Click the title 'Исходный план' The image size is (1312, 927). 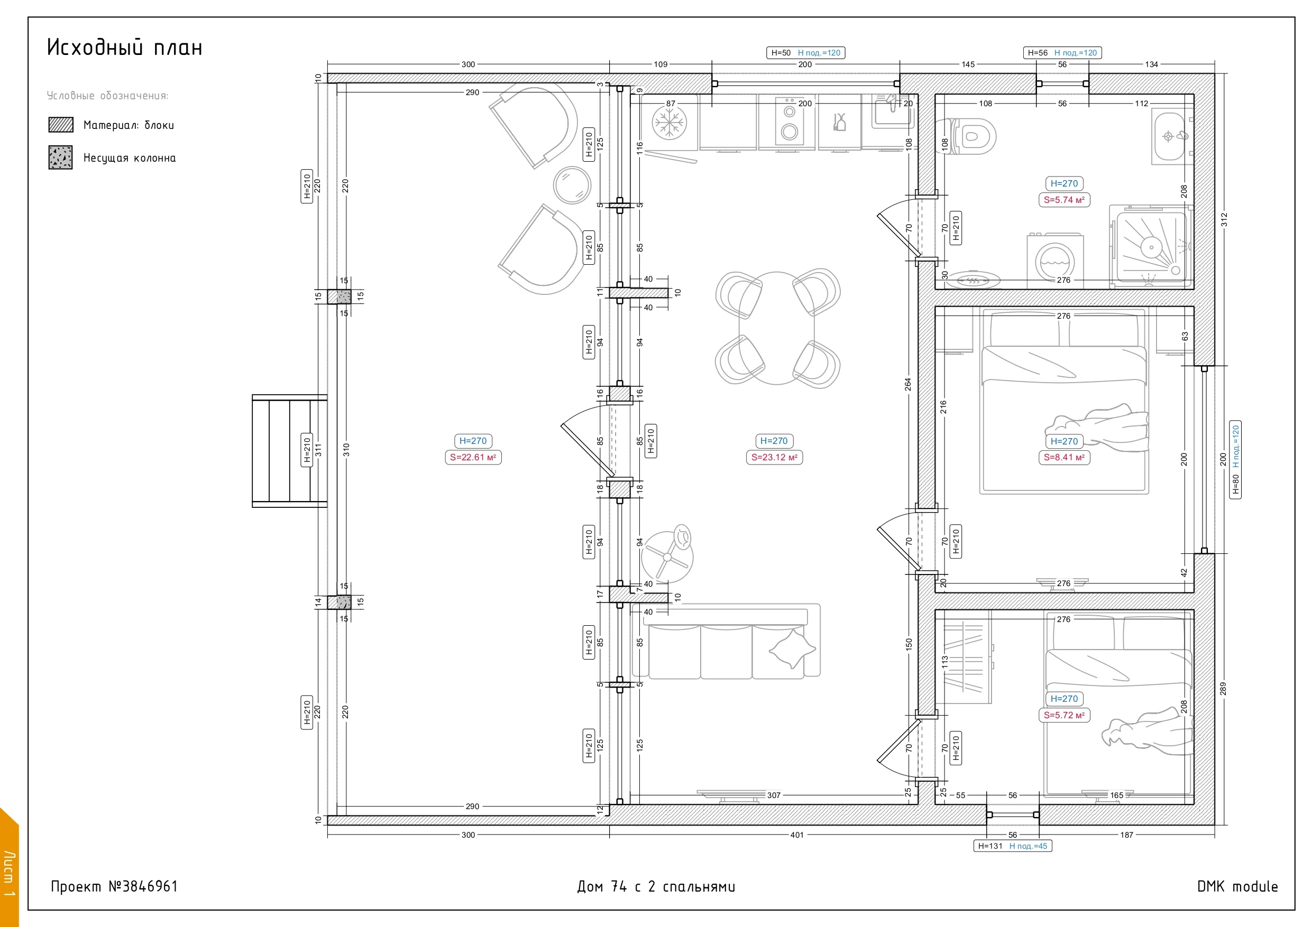pyautogui.click(x=125, y=48)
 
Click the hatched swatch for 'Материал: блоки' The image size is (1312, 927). pyautogui.click(x=61, y=125)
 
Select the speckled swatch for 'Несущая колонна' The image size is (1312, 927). pyautogui.click(x=61, y=157)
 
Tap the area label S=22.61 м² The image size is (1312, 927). pyautogui.click(x=473, y=458)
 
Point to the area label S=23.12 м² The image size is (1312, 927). pyautogui.click(x=774, y=458)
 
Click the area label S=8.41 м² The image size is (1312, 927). pyautogui.click(x=1064, y=458)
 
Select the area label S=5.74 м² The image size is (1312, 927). pyautogui.click(x=1064, y=200)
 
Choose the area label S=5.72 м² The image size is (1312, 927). pyautogui.click(x=1064, y=715)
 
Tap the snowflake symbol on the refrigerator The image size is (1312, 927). pyautogui.click(x=669, y=122)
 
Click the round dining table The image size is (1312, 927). pyautogui.click(x=777, y=328)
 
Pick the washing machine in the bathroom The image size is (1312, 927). pyautogui.click(x=1055, y=261)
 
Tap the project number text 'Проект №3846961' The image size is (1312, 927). pyautogui.click(x=114, y=886)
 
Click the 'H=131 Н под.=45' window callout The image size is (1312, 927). pyautogui.click(x=1013, y=846)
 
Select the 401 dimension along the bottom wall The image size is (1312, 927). pyautogui.click(x=797, y=835)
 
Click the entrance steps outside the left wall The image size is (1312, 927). pyautogui.click(x=290, y=451)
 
